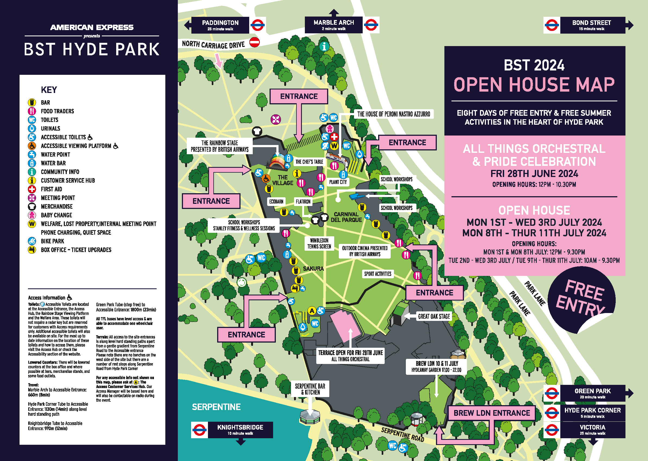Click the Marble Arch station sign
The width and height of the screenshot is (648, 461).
click(x=334, y=25)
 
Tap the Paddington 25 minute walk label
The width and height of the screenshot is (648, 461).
click(x=220, y=25)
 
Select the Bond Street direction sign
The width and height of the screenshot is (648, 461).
click(x=592, y=25)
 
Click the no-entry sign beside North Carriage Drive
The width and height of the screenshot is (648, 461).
click(x=254, y=42)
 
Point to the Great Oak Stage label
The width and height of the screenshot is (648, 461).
click(x=434, y=316)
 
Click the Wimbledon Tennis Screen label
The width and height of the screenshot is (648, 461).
click(x=319, y=243)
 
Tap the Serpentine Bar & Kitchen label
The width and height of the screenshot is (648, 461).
click(x=310, y=389)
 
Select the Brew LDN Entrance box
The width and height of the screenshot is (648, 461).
click(x=492, y=413)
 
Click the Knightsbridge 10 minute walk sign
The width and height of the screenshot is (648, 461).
click(x=240, y=430)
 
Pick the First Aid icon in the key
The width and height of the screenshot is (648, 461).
click(x=32, y=189)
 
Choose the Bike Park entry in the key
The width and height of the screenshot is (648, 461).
click(x=52, y=241)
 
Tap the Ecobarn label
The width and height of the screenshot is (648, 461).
click(x=276, y=202)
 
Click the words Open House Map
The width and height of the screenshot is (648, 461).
click(x=534, y=85)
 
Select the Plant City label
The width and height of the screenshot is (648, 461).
click(x=338, y=182)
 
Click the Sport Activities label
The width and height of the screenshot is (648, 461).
click(x=378, y=274)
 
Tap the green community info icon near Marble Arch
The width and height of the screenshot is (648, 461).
click(x=324, y=46)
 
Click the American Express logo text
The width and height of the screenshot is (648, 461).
click(x=91, y=27)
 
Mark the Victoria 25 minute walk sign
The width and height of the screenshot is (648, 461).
click(x=592, y=430)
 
